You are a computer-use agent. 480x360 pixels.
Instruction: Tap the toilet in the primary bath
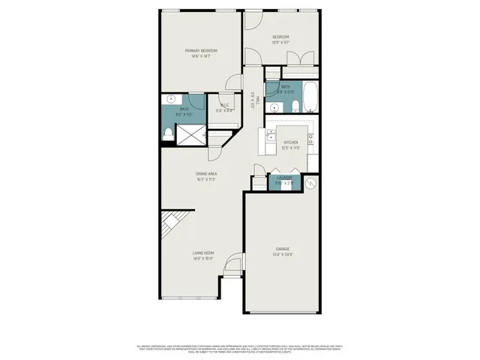(x=168, y=133)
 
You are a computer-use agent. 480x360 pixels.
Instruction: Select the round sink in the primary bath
(x=170, y=98)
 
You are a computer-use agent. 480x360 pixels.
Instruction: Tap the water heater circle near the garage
(x=311, y=182)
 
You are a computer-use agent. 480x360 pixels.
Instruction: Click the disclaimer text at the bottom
(x=240, y=348)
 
